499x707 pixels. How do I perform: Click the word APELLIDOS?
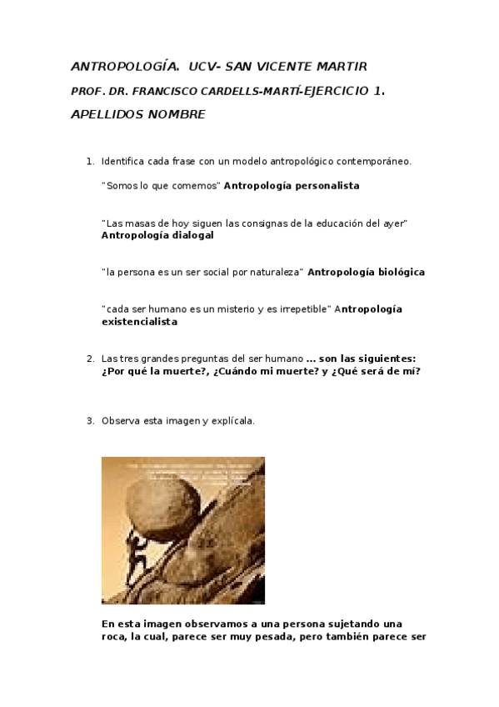[106, 114]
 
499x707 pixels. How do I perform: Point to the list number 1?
[89, 161]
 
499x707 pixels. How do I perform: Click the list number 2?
[89, 359]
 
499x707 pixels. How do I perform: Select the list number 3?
[89, 420]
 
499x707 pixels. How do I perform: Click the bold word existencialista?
[139, 321]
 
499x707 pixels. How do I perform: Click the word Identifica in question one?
[122, 161]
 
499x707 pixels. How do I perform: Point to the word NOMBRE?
[177, 114]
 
